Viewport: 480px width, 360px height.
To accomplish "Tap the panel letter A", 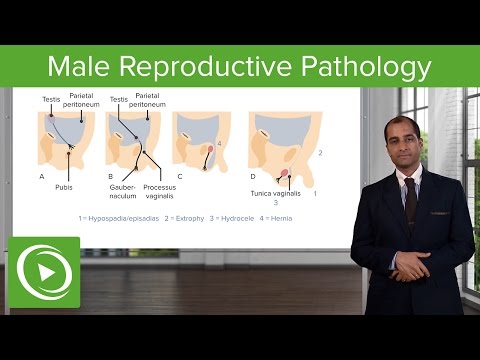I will coord(42,176).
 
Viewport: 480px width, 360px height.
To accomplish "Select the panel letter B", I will coord(109,176).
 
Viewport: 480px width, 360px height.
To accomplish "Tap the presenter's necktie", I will coord(410,199).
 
